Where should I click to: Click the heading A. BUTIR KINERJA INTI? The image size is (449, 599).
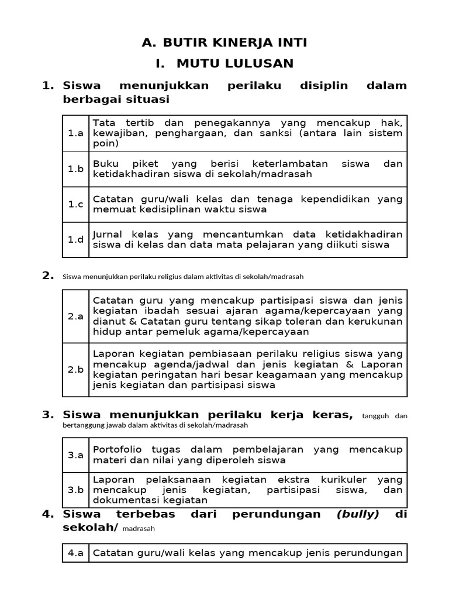[x=224, y=42]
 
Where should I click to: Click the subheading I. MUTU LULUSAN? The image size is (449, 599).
[x=224, y=63]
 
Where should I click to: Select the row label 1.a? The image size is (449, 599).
[x=75, y=133]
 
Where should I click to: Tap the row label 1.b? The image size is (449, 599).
[x=75, y=169]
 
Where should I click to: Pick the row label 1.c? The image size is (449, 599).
[x=75, y=204]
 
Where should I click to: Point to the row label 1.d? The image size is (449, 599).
[x=75, y=239]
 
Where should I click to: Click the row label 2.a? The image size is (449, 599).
[x=75, y=316]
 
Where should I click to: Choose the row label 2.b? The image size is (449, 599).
[x=75, y=370]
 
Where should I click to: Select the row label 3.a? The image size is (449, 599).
[x=75, y=455]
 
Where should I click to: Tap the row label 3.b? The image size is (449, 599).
[x=75, y=490]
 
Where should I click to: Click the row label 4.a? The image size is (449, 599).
[x=75, y=553]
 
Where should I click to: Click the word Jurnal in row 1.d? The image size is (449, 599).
[x=108, y=234]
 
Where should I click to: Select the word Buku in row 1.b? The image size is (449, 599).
[x=105, y=164]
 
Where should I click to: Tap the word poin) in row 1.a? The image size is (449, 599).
[x=105, y=143]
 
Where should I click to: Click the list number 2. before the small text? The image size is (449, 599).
[x=48, y=276]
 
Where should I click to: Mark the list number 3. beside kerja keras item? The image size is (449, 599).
[x=48, y=415]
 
